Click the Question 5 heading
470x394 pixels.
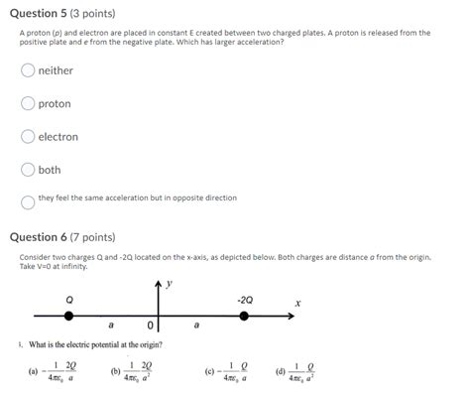pyautogui.click(x=61, y=14)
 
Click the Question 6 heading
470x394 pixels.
pyautogui.click(x=61, y=237)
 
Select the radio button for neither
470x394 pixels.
pyautogui.click(x=28, y=70)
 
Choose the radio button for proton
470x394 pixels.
pyautogui.click(x=28, y=103)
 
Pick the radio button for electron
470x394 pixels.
pyautogui.click(x=28, y=137)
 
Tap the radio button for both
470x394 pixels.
pyautogui.click(x=28, y=170)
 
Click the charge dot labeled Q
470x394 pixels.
pyautogui.click(x=68, y=316)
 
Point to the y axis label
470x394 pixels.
pyautogui.click(x=170, y=284)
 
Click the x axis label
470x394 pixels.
pyautogui.click(x=296, y=302)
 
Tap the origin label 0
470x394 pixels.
pyautogui.click(x=150, y=325)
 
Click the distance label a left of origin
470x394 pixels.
pyautogui.click(x=110, y=325)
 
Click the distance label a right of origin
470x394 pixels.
pyautogui.click(x=196, y=325)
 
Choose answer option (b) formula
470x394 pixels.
pyautogui.click(x=137, y=372)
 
